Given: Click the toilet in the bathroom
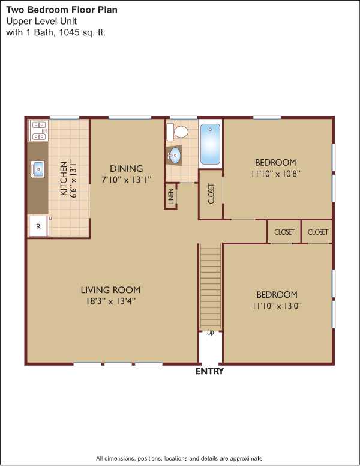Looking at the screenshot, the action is click(178, 132).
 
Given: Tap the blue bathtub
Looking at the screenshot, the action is click(210, 144).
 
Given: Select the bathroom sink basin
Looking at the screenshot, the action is click(175, 155).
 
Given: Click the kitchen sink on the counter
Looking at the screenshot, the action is click(38, 169).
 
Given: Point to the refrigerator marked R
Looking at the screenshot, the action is click(38, 226).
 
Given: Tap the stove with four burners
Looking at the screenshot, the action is click(38, 130).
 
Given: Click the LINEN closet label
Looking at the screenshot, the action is click(171, 196).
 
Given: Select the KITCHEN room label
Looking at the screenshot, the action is click(64, 178).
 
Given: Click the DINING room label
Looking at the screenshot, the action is click(127, 169).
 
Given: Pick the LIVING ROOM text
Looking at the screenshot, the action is click(110, 290).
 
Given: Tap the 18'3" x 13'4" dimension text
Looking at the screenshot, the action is click(111, 301).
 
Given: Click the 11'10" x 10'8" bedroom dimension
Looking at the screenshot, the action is click(276, 174).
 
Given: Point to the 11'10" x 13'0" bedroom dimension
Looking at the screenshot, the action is click(277, 306).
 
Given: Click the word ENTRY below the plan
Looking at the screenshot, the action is click(209, 371).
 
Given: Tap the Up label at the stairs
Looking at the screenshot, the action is click(210, 332).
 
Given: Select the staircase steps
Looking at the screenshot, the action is click(210, 286).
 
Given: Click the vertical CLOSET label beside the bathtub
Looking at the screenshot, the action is click(211, 194).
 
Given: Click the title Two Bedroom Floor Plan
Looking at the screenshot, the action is click(62, 10).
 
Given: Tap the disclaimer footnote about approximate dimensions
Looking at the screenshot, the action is click(180, 458).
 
